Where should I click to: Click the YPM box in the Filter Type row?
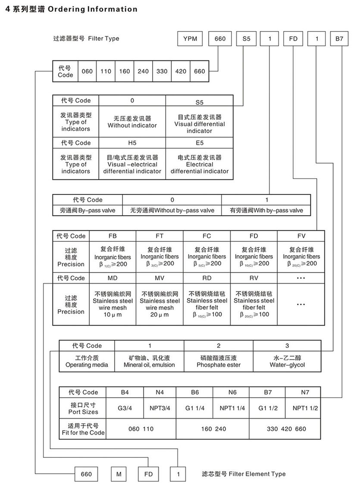tap(190, 39)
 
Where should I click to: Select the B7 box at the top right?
tap(339, 39)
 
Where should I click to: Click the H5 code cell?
tap(132, 143)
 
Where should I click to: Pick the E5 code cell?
tap(199, 143)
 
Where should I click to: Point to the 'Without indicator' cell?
tap(132, 122)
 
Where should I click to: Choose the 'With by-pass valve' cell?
tap(266, 210)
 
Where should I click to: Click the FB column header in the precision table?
tap(113, 236)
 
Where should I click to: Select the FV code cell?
tap(301, 236)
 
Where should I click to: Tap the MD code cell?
tap(113, 278)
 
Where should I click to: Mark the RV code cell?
tap(254, 278)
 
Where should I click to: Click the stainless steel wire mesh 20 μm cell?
tap(160, 304)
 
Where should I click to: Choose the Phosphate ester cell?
tap(219, 361)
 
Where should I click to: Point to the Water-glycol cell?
tap(287, 361)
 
